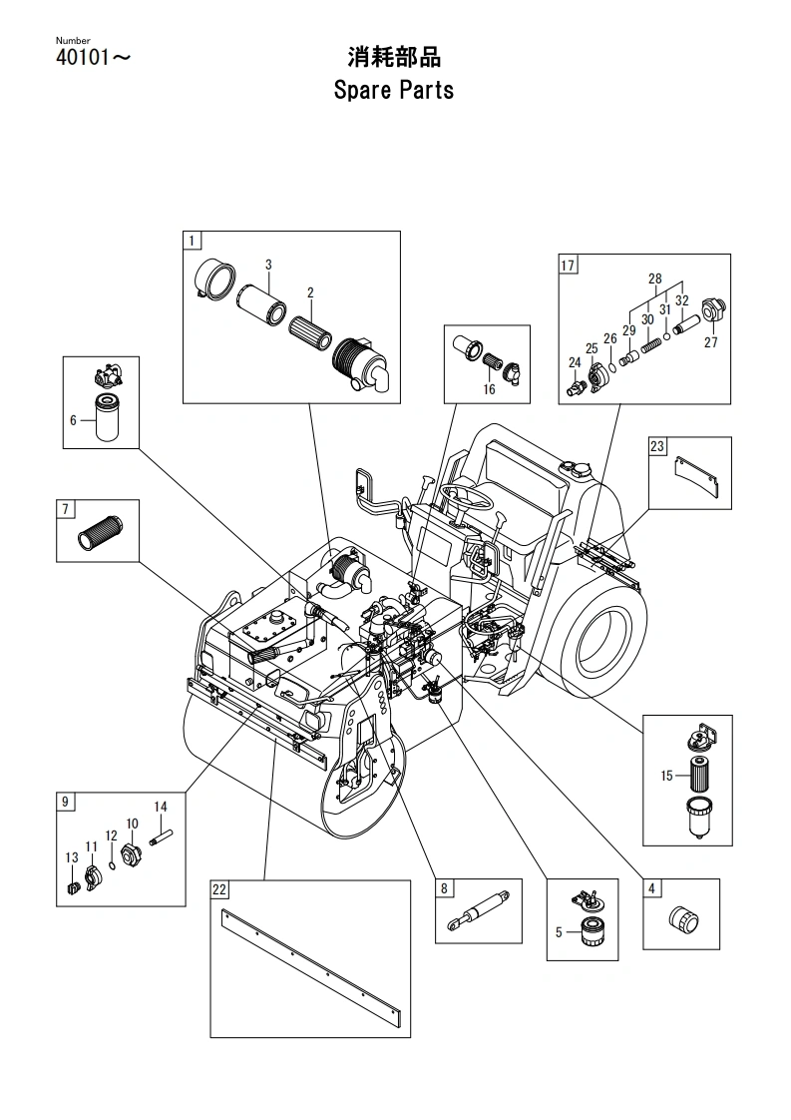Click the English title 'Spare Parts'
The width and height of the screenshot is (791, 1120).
click(x=393, y=91)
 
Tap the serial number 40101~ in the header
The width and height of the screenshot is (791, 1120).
click(x=93, y=58)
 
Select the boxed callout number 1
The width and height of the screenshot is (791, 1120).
click(x=192, y=241)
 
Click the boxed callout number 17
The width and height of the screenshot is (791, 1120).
click(x=568, y=265)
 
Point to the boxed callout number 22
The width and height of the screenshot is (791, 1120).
click(x=219, y=889)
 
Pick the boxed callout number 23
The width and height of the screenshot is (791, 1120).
click(x=657, y=446)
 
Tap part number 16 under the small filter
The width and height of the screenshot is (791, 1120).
click(x=489, y=389)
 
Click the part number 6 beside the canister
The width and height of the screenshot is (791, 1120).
click(x=73, y=420)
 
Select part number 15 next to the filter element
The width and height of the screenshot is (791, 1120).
click(x=666, y=776)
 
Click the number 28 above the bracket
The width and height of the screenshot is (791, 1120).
click(x=654, y=279)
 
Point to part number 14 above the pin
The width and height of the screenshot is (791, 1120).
click(x=161, y=807)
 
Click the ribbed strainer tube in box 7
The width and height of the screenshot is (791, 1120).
click(x=99, y=533)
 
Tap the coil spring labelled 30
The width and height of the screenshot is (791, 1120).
click(x=648, y=345)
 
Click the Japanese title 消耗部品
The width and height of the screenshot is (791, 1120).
click(x=394, y=57)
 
